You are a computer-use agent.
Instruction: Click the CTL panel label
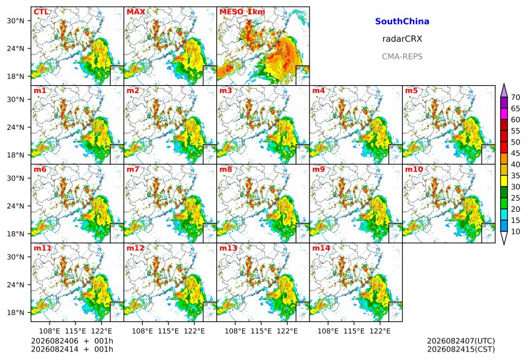[41, 12]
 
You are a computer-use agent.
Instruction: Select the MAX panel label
[136, 12]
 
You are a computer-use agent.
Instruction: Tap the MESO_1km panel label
[242, 12]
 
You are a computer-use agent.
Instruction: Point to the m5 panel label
[411, 91]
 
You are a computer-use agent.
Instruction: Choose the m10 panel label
[414, 169]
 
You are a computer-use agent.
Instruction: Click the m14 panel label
[321, 248]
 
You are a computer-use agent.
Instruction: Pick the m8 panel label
[226, 169]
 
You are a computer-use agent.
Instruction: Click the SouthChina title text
[402, 21]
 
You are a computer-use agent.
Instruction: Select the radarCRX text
[402, 39]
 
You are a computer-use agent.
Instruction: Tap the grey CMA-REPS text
[402, 56]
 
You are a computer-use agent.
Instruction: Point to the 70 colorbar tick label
[515, 97]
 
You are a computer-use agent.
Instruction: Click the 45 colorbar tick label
[515, 154]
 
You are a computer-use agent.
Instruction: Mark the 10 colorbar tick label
[515, 231]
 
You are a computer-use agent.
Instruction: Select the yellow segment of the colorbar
[504, 181]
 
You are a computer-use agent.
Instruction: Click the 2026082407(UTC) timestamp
[461, 341]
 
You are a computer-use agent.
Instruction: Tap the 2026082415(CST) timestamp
[461, 350]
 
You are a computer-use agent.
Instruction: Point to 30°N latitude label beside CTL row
[15, 21]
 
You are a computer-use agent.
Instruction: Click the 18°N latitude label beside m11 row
[15, 313]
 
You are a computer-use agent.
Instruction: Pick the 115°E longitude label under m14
[354, 331]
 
